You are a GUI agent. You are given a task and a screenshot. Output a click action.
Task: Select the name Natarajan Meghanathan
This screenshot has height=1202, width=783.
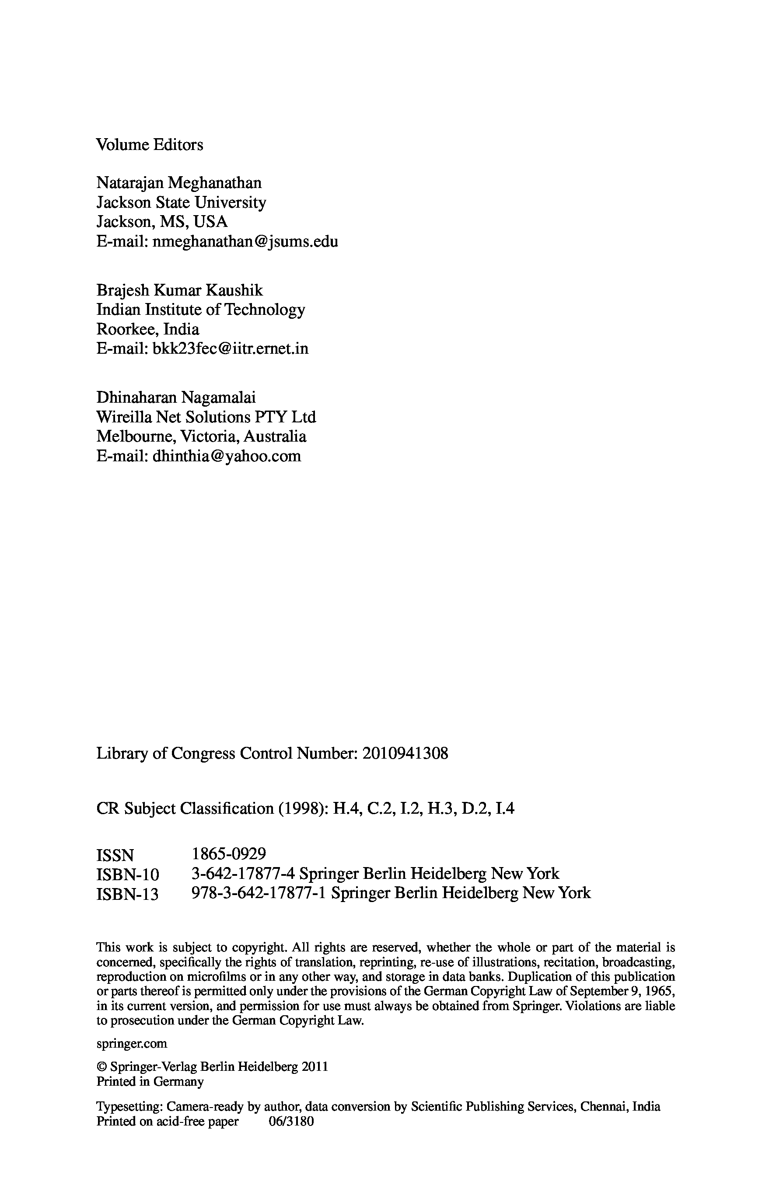tap(179, 182)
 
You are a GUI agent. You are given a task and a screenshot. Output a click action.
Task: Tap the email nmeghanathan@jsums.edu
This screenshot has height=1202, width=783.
tap(245, 241)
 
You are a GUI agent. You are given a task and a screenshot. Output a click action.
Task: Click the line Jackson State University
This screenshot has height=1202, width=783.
tap(181, 202)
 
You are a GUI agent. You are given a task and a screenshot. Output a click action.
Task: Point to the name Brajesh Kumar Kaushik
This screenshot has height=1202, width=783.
tap(179, 290)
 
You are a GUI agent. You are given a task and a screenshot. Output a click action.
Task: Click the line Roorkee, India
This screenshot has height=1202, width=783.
tap(147, 329)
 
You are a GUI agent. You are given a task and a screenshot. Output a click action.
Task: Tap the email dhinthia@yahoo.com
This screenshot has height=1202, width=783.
tap(226, 456)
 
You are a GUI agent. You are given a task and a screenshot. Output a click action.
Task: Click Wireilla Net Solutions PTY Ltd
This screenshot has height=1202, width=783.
tap(206, 417)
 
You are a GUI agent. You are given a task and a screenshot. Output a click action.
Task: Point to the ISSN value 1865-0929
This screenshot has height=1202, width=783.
tap(229, 854)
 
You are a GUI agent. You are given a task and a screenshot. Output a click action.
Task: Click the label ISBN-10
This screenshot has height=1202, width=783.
tap(128, 874)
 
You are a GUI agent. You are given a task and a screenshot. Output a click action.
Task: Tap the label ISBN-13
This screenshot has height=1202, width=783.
tap(127, 894)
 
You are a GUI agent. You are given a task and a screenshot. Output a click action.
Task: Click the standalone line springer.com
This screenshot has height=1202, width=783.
tap(131, 1043)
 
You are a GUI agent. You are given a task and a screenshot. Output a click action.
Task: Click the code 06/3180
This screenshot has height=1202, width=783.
tap(292, 1122)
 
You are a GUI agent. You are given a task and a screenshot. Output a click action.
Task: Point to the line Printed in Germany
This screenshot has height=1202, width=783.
tap(150, 1081)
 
